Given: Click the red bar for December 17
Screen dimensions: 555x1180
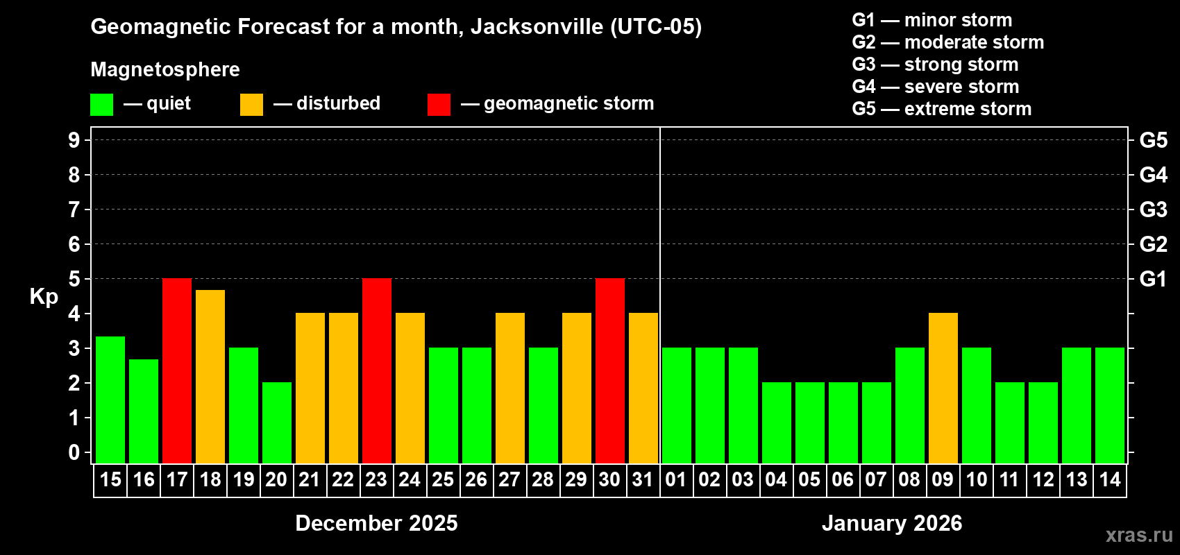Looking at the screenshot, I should point(177,371).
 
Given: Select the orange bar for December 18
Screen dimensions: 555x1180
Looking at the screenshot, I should point(210,377).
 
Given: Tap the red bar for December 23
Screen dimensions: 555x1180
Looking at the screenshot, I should point(377,371).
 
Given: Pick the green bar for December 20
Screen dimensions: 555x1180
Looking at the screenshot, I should point(277,423).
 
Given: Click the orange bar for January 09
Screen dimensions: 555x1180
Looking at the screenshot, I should point(943,388).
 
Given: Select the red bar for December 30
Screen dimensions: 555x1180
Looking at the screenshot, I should point(610,371).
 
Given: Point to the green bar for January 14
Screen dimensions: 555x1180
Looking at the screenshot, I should point(1110,406).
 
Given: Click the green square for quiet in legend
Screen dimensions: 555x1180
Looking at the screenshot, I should point(102,105).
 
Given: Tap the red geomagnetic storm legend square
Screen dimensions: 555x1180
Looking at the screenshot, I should point(439,105).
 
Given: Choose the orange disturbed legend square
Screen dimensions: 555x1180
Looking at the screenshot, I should point(251,105).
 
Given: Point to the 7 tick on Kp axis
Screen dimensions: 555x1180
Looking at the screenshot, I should point(74,210).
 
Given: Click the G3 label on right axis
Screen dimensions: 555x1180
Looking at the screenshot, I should point(1153,210).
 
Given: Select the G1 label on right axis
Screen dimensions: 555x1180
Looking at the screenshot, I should point(1153,279).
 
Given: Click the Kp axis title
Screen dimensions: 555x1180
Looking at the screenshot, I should point(44,297).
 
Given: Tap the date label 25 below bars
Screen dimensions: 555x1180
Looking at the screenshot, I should point(443,480).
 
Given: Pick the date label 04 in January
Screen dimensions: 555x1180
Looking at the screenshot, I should point(775,480).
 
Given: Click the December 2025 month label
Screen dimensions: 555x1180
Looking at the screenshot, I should point(376,523).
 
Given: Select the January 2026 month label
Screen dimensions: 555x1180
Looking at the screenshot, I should point(892,523).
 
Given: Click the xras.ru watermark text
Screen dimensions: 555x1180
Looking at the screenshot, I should point(1139,535).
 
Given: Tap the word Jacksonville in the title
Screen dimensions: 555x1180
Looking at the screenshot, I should point(537,27).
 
